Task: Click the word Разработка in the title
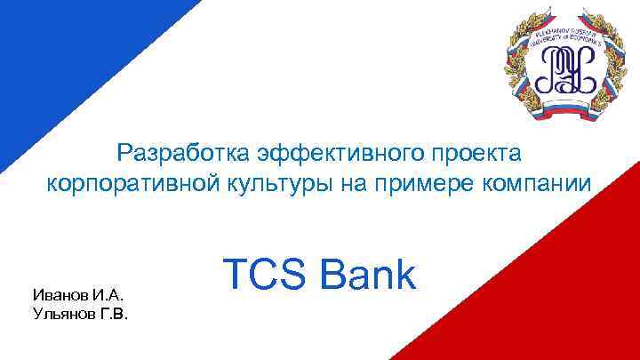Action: [x=173, y=153]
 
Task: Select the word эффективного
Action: [x=321, y=153]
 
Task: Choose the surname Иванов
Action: [x=60, y=294]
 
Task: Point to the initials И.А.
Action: [x=109, y=294]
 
